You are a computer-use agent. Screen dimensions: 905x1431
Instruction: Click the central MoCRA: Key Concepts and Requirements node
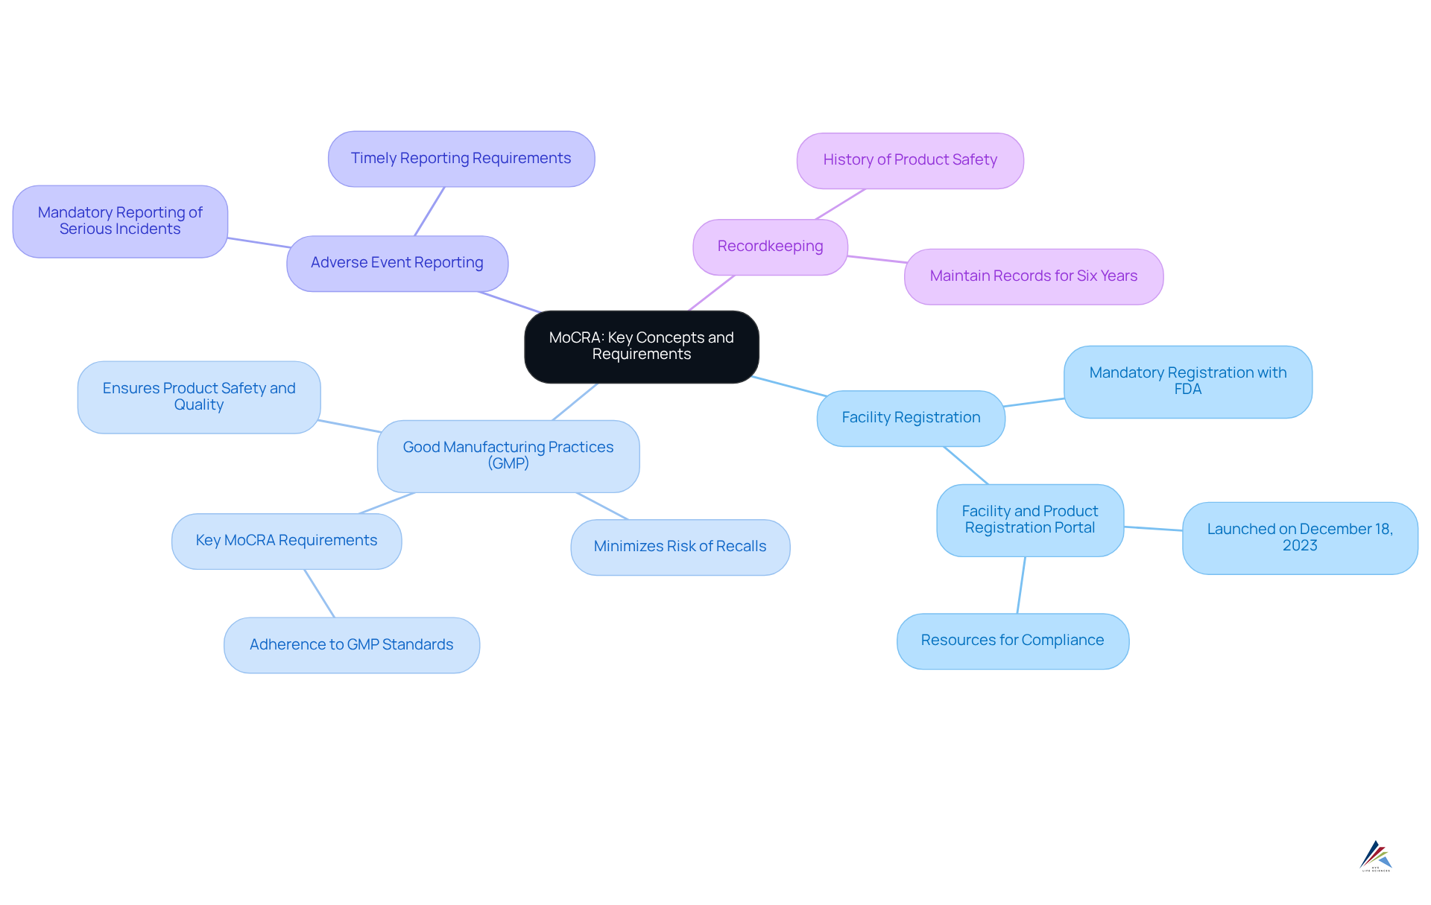[641, 346]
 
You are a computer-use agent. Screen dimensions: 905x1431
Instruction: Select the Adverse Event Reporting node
[397, 263]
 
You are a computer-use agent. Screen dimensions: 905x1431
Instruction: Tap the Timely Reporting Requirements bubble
[461, 159]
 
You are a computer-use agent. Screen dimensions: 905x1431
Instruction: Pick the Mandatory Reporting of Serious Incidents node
[120, 221]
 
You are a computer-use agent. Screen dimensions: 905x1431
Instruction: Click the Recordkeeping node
[770, 247]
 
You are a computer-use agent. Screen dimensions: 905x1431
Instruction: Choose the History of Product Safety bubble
[909, 160]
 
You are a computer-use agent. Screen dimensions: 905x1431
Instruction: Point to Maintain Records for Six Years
[1033, 276]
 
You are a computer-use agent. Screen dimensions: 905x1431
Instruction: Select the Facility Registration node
[911, 418]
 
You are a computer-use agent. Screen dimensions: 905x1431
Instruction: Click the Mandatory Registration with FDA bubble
[1187, 381]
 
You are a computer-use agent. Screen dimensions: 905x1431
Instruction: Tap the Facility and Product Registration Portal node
[1029, 520]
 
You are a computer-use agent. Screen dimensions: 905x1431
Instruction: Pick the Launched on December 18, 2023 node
[1299, 538]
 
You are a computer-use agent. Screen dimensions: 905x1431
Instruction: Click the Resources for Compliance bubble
[1012, 641]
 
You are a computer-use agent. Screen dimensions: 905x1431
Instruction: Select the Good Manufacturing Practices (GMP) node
[508, 456]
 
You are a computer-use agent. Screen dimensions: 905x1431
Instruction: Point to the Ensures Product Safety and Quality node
[199, 397]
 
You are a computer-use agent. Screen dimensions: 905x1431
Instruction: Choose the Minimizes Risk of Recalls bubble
[680, 547]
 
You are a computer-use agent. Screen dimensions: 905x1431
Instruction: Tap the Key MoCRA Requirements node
[286, 541]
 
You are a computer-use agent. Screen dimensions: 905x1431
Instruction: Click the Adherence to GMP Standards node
[351, 645]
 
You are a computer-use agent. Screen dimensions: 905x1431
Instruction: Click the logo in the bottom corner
[1375, 857]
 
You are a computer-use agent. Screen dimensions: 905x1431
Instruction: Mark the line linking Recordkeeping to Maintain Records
[876, 259]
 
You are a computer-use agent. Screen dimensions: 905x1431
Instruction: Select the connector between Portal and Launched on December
[1153, 529]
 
